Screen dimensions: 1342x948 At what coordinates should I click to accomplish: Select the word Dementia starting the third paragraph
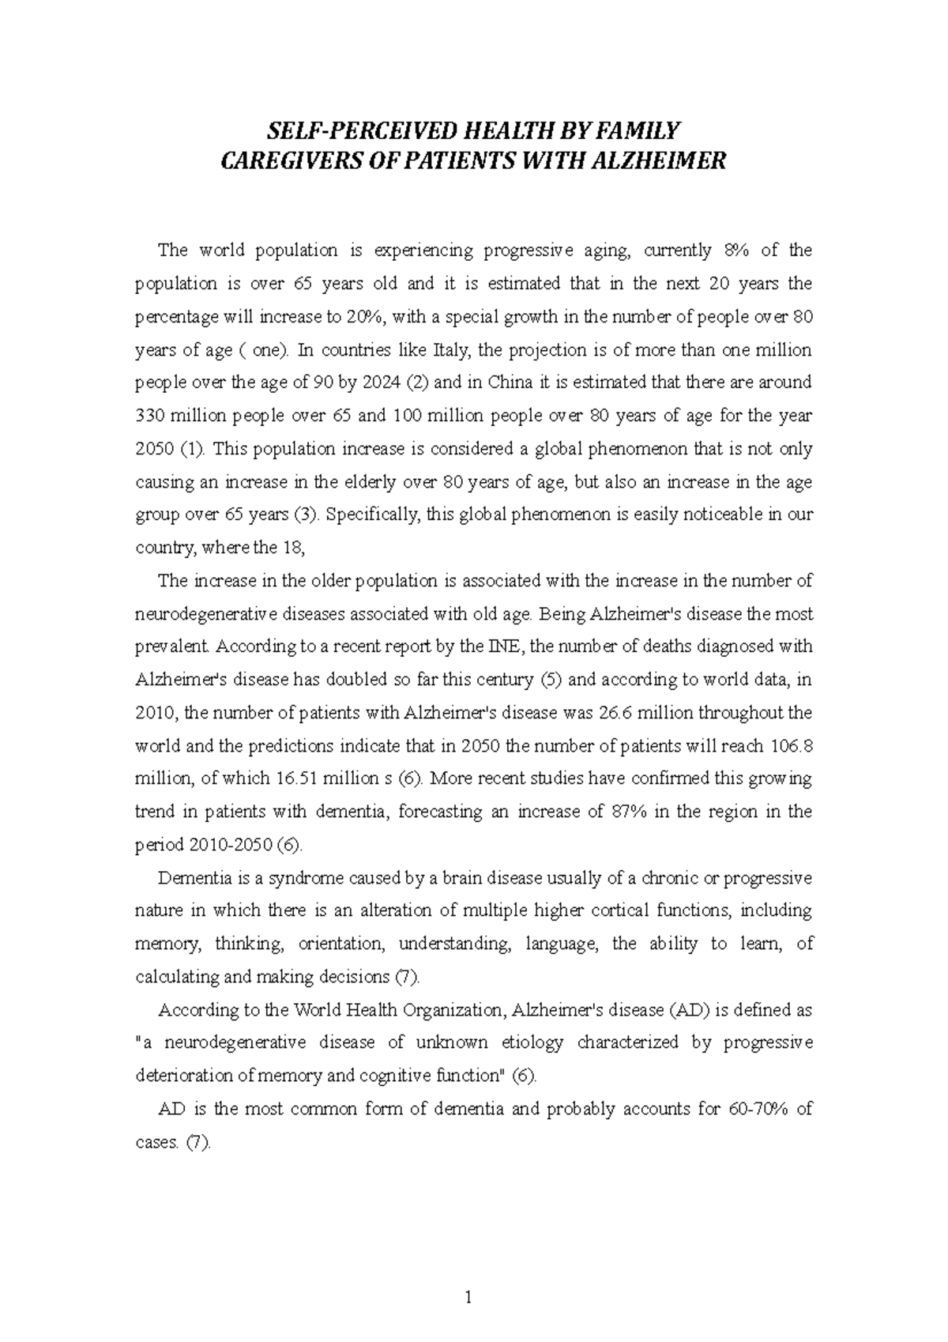point(190,878)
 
